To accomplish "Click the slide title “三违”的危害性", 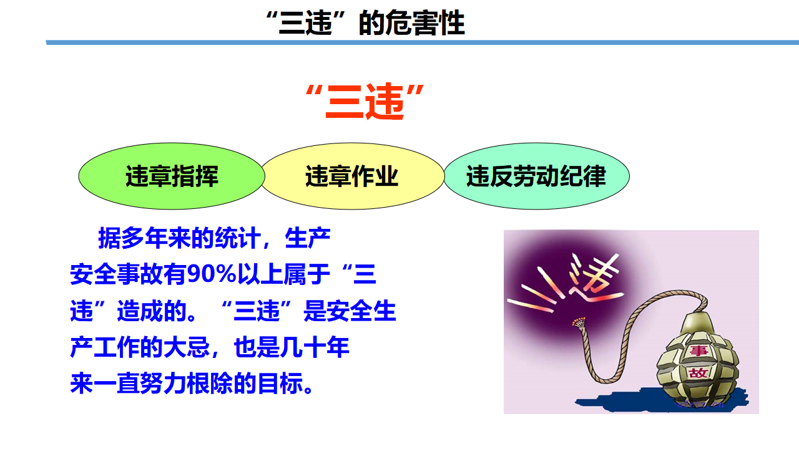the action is [366, 23].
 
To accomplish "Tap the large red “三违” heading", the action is [365, 102].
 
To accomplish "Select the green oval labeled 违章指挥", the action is [172, 176].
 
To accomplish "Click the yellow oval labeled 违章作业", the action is [353, 176].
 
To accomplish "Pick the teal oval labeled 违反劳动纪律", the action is [536, 176].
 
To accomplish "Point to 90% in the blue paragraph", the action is [212, 274].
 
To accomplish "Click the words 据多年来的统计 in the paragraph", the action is [179, 238].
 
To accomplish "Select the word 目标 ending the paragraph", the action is [280, 384].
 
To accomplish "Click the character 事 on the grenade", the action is [699, 350].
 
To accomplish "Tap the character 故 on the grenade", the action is [698, 373].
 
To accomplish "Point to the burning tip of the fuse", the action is [579, 322].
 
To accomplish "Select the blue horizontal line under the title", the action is [423, 42].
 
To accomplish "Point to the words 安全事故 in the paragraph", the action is [117, 274].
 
